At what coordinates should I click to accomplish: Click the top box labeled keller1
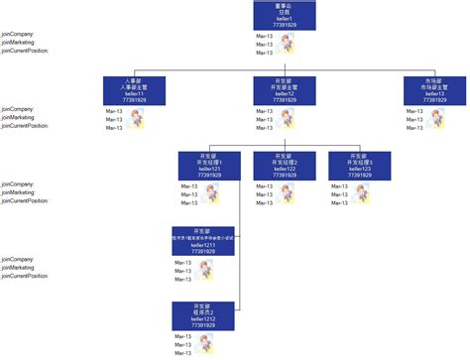(285, 16)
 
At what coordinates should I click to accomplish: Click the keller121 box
(208, 166)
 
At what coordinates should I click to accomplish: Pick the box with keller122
(284, 166)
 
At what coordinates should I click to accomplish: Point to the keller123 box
(358, 166)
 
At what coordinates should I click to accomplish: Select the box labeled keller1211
(202, 241)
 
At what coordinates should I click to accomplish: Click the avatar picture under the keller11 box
(136, 119)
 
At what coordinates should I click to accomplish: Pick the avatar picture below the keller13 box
(438, 119)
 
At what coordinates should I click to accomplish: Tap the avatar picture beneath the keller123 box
(362, 194)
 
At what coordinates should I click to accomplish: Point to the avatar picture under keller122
(288, 194)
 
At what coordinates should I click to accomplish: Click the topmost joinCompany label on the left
(18, 34)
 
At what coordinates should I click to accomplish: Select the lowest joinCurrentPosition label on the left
(25, 277)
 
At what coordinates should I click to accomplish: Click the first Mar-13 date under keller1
(264, 35)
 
